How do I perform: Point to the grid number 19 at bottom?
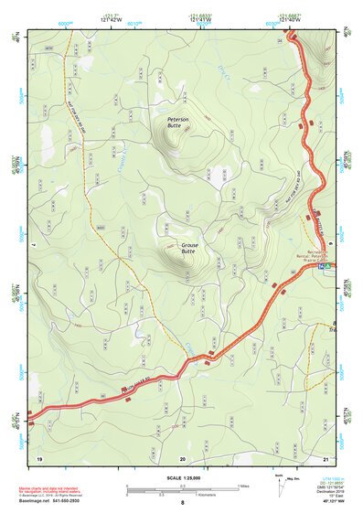(39, 456)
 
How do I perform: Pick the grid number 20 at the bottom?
(183, 456)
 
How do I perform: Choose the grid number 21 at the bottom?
(326, 456)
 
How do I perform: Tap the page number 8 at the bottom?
(183, 503)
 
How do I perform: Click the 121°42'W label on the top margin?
(112, 21)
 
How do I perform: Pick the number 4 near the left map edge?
(33, 244)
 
